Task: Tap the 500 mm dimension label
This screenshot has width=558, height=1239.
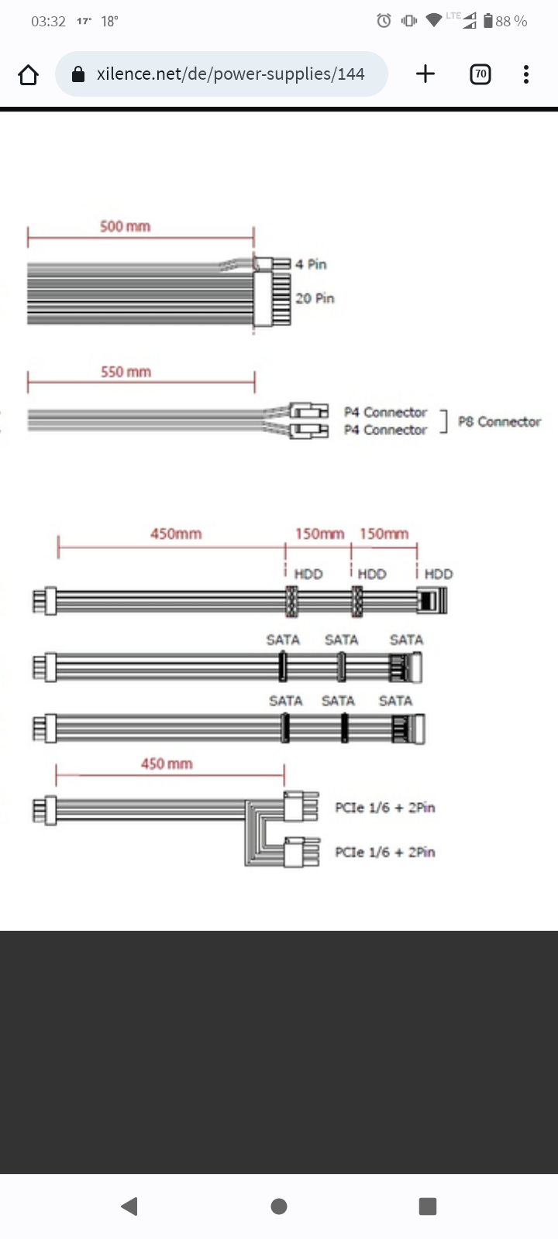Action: pyautogui.click(x=125, y=226)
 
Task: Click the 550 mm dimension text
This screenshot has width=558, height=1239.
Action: pyautogui.click(x=126, y=372)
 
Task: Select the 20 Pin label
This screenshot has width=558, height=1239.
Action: pyautogui.click(x=315, y=299)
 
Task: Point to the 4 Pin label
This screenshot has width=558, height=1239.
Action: pyautogui.click(x=311, y=264)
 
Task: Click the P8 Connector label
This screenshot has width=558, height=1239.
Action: pyautogui.click(x=499, y=421)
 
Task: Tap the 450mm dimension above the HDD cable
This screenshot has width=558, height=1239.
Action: pyautogui.click(x=176, y=534)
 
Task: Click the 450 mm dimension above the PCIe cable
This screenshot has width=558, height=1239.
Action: pyautogui.click(x=167, y=764)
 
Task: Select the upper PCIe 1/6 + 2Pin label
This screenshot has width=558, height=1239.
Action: pyautogui.click(x=384, y=808)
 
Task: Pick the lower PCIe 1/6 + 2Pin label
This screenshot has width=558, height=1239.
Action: pyautogui.click(x=384, y=852)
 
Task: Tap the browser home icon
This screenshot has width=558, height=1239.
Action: pyautogui.click(x=28, y=74)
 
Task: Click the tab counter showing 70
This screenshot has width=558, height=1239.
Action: pyautogui.click(x=480, y=74)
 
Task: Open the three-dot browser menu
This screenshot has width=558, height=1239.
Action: pyautogui.click(x=526, y=74)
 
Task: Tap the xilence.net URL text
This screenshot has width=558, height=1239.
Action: pyautogui.click(x=230, y=74)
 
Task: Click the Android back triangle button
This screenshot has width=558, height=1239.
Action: pyautogui.click(x=129, y=1206)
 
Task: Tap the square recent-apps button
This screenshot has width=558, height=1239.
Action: pyautogui.click(x=427, y=1206)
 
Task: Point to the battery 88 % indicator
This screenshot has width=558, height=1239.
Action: pyautogui.click(x=505, y=21)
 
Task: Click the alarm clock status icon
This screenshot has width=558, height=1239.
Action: pyautogui.click(x=384, y=20)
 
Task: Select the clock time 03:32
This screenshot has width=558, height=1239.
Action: pyautogui.click(x=48, y=22)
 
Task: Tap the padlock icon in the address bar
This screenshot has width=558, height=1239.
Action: pyautogui.click(x=78, y=74)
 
